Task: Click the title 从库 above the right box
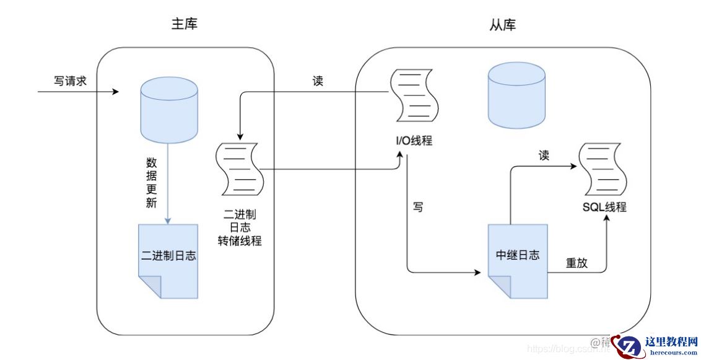pos(503,25)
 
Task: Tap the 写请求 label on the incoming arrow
pos(70,81)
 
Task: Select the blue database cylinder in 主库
pos(169,110)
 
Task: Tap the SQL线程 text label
pos(604,207)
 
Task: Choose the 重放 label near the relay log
pos(577,263)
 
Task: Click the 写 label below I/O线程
pos(418,207)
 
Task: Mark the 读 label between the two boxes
pos(318,81)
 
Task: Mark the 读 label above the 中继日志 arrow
pos(544,156)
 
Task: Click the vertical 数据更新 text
pos(151,183)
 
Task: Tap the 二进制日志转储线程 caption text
pos(239,227)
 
